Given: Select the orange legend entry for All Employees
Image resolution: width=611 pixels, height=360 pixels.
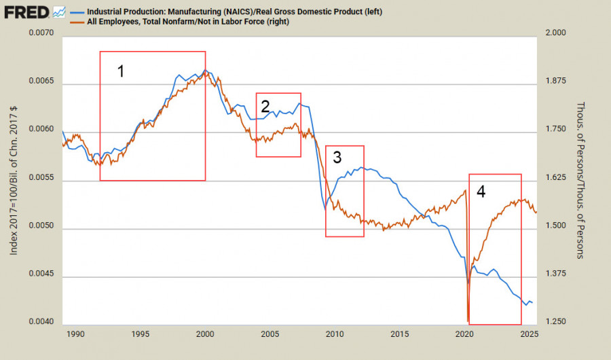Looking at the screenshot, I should tap(197, 22).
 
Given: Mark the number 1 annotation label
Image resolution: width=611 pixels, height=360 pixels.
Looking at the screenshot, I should tap(121, 71).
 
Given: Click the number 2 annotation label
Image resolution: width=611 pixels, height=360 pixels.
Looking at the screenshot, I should tap(265, 105).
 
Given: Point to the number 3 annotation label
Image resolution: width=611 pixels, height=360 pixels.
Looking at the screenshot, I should tap(337, 158).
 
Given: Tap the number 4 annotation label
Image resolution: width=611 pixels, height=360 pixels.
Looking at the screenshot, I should tap(481, 192).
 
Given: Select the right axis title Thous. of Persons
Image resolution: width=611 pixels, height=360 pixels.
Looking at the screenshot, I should tap(581, 180).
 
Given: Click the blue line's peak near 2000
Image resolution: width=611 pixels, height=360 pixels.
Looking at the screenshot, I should tap(205, 70).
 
